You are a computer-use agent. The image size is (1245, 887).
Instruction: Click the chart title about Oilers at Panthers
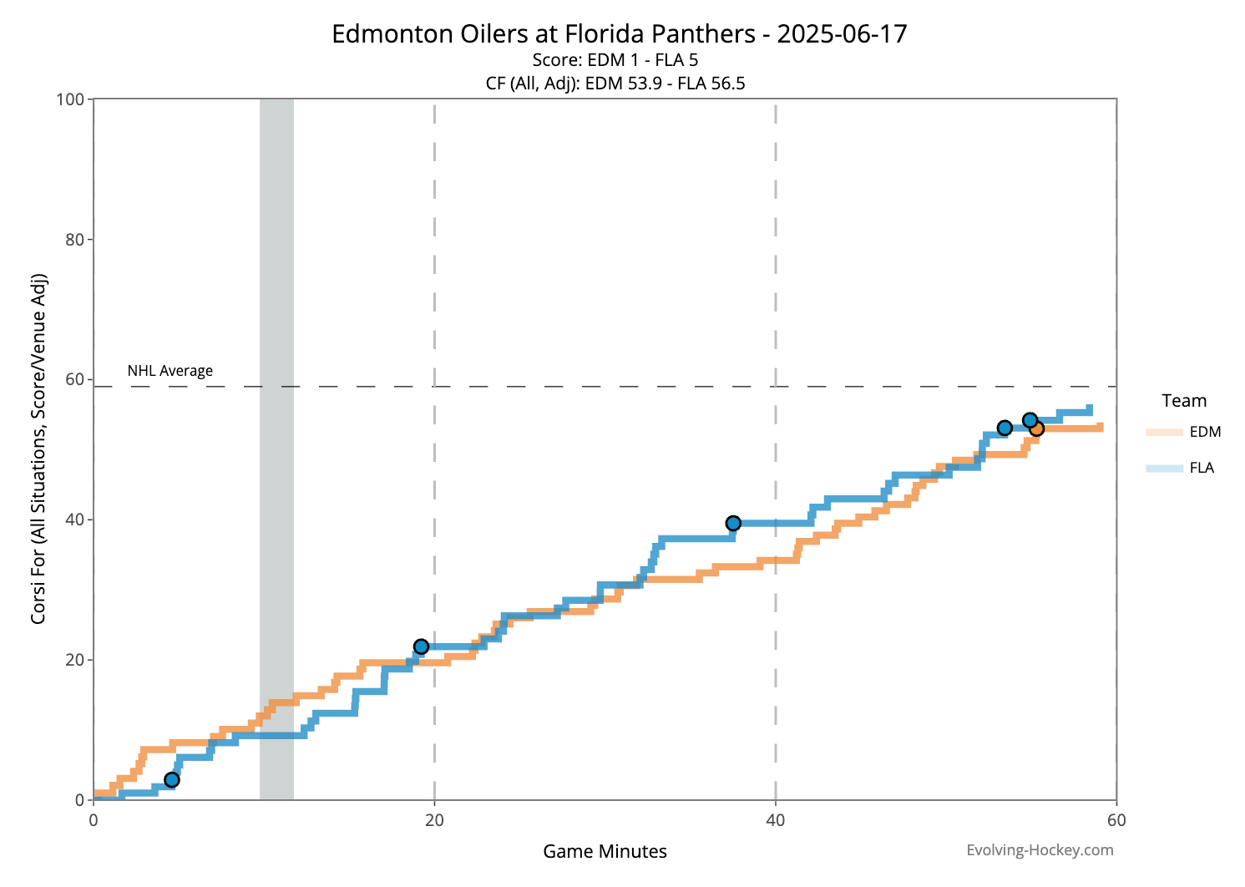(x=619, y=34)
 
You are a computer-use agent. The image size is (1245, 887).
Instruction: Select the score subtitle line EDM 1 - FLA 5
(x=615, y=60)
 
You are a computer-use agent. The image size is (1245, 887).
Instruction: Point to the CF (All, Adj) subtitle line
(x=615, y=83)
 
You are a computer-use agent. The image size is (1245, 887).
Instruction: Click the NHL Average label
(x=170, y=371)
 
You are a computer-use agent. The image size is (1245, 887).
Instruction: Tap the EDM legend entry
(x=1183, y=432)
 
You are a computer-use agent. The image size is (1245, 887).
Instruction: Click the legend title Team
(x=1184, y=401)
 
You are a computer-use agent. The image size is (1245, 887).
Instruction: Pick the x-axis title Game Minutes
(x=605, y=851)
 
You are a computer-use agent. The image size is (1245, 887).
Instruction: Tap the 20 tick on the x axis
(x=434, y=820)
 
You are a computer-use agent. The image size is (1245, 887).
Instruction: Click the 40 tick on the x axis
(x=776, y=820)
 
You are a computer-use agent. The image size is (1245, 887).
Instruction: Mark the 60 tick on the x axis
(x=1116, y=820)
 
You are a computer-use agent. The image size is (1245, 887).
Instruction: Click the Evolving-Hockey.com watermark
(x=1040, y=850)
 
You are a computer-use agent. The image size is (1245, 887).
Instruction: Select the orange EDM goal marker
(x=1036, y=428)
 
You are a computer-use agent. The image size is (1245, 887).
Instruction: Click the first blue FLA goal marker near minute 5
(x=172, y=779)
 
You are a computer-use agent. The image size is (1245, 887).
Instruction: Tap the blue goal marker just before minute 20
(x=421, y=646)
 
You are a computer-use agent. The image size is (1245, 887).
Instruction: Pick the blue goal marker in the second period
(x=733, y=523)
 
